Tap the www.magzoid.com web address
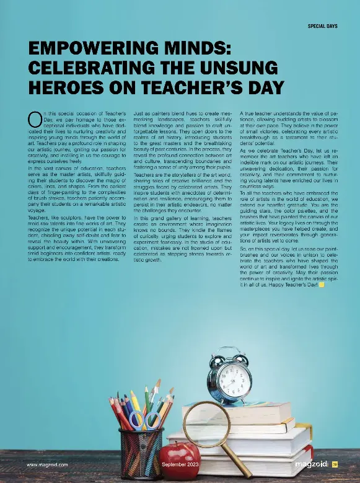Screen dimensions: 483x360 47,464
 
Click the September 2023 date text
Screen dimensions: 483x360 180,464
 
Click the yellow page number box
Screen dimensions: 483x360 334,464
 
